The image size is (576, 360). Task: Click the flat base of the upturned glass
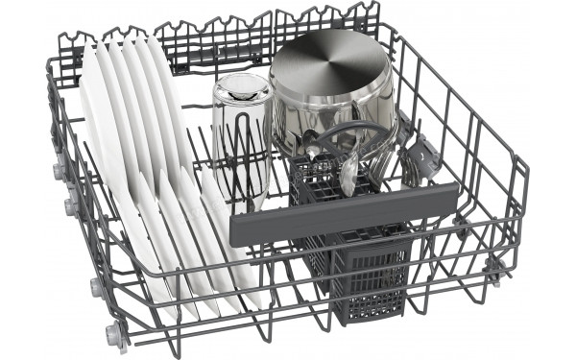(242, 89)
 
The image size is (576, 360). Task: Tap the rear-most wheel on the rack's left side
(59, 170)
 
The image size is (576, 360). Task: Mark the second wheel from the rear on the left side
(72, 205)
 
